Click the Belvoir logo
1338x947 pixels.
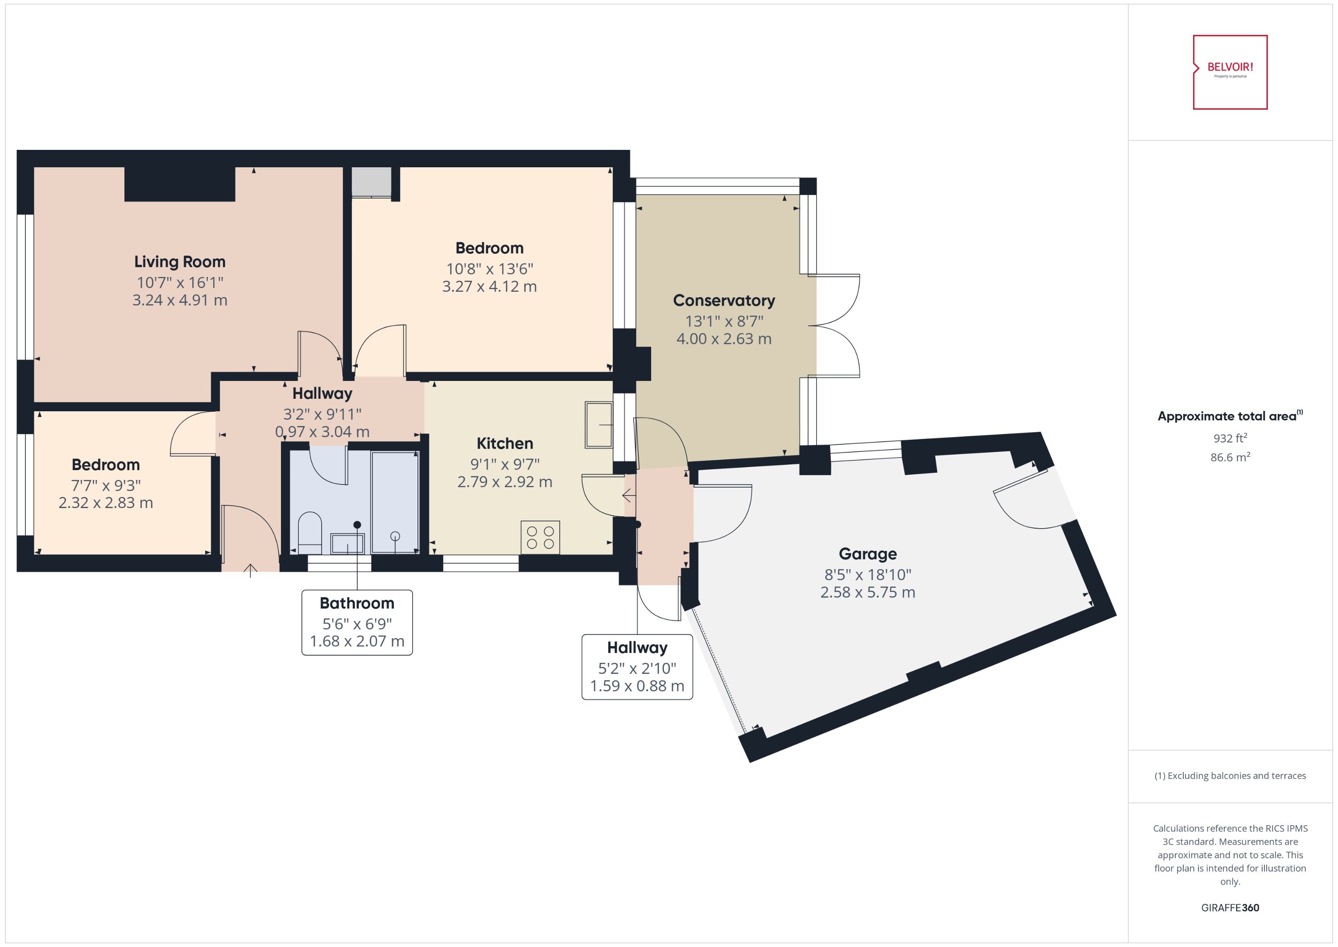point(1230,72)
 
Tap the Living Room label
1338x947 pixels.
point(180,262)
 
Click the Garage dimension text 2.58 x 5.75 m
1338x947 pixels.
point(867,592)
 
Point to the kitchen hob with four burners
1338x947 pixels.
point(540,537)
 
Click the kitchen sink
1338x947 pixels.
point(599,425)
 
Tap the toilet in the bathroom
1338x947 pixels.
point(310,532)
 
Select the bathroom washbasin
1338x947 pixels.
point(347,543)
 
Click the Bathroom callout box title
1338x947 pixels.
point(357,603)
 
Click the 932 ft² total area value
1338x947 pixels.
point(1230,438)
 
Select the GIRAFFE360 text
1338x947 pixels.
point(1230,908)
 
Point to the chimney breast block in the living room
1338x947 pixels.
point(180,184)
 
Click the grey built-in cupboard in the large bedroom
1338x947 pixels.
point(372,182)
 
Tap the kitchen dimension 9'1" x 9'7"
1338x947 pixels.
point(504,464)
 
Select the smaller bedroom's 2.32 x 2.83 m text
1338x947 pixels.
point(106,503)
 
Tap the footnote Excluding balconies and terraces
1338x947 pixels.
point(1230,776)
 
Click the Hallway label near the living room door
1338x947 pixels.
point(322,393)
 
